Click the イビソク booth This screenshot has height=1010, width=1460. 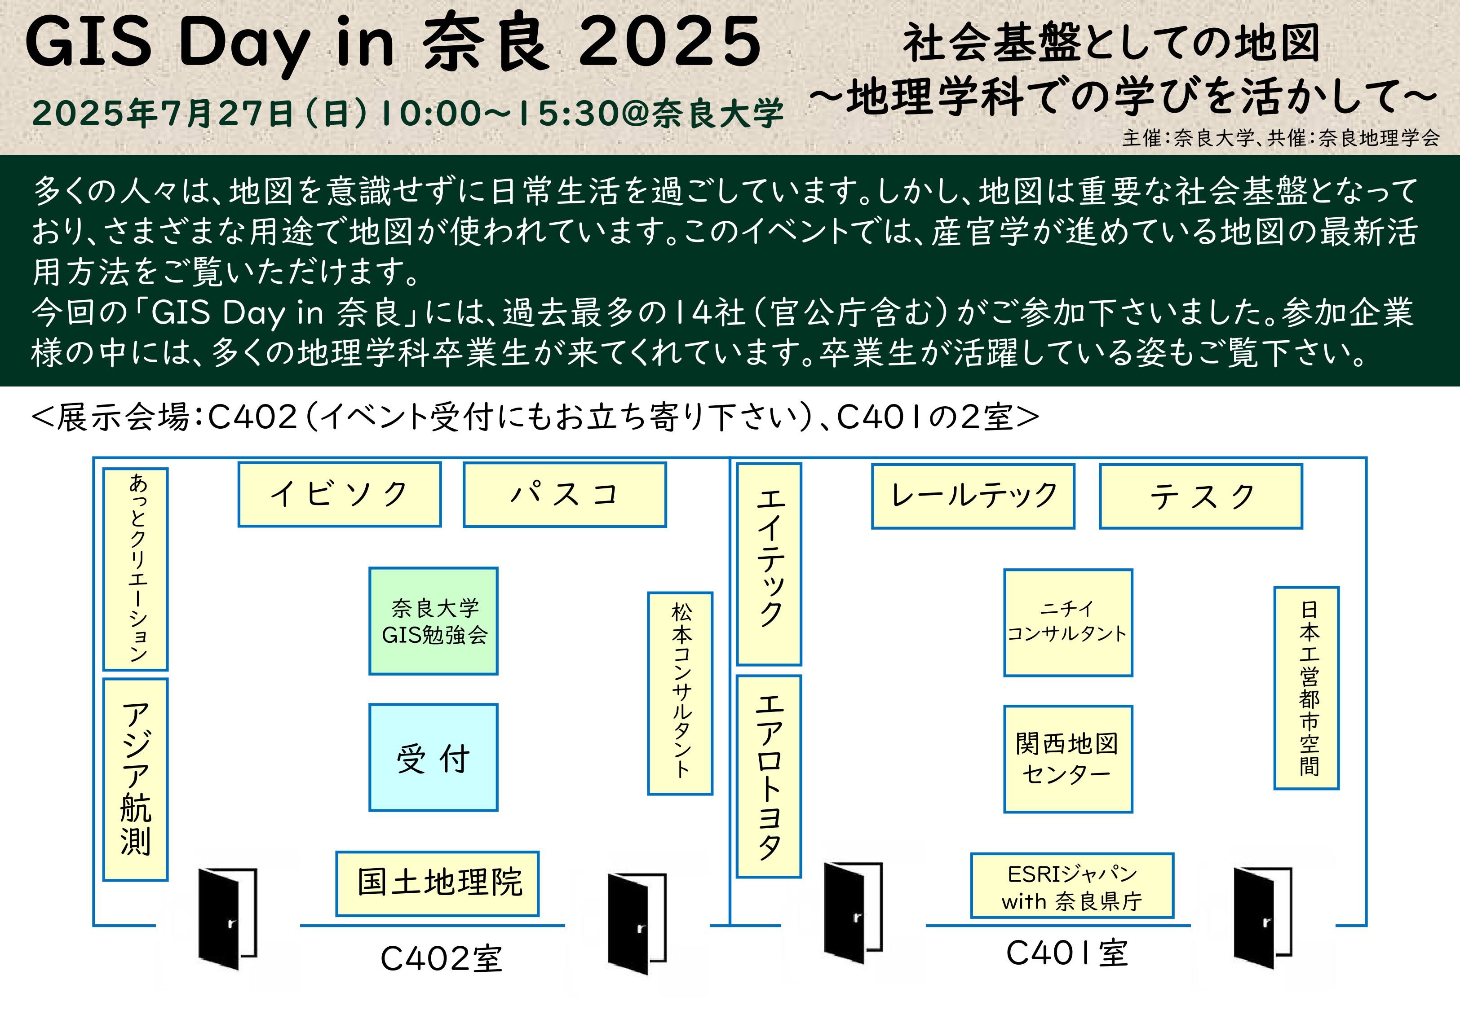tap(339, 494)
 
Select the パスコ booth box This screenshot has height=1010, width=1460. tap(564, 494)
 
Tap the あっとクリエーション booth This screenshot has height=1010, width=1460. tap(136, 569)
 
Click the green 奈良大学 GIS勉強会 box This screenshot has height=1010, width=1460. tap(434, 621)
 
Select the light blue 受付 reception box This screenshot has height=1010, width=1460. tap(434, 758)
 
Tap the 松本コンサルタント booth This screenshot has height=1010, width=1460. tap(680, 693)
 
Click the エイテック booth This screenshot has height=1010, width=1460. tap(769, 564)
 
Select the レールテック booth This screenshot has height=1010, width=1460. tap(973, 496)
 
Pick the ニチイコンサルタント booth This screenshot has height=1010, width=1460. tap(1068, 623)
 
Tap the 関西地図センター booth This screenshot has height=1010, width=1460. tap(1068, 759)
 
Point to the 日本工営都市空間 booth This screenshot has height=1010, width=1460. tap(1307, 688)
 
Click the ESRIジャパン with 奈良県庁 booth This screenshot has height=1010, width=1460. tap(1072, 885)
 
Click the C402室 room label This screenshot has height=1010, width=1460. tap(441, 959)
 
